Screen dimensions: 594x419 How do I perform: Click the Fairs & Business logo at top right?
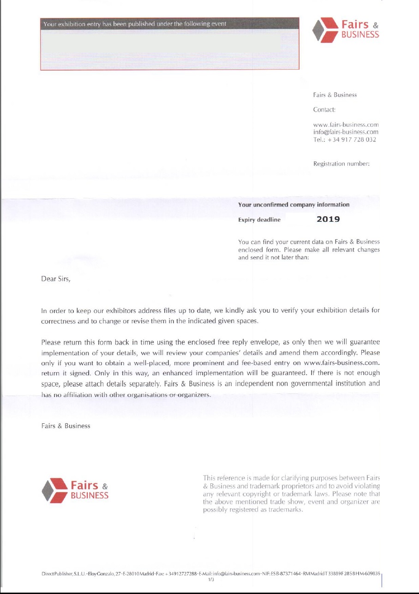346,30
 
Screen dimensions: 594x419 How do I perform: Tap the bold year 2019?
328,219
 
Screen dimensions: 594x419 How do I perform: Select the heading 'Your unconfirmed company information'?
293,204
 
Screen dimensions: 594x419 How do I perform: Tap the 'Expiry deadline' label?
259,220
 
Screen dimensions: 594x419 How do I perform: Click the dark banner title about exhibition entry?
134,24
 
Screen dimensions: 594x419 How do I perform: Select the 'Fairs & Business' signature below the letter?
66,426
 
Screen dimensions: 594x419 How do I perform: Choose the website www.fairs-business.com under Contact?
346,125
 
